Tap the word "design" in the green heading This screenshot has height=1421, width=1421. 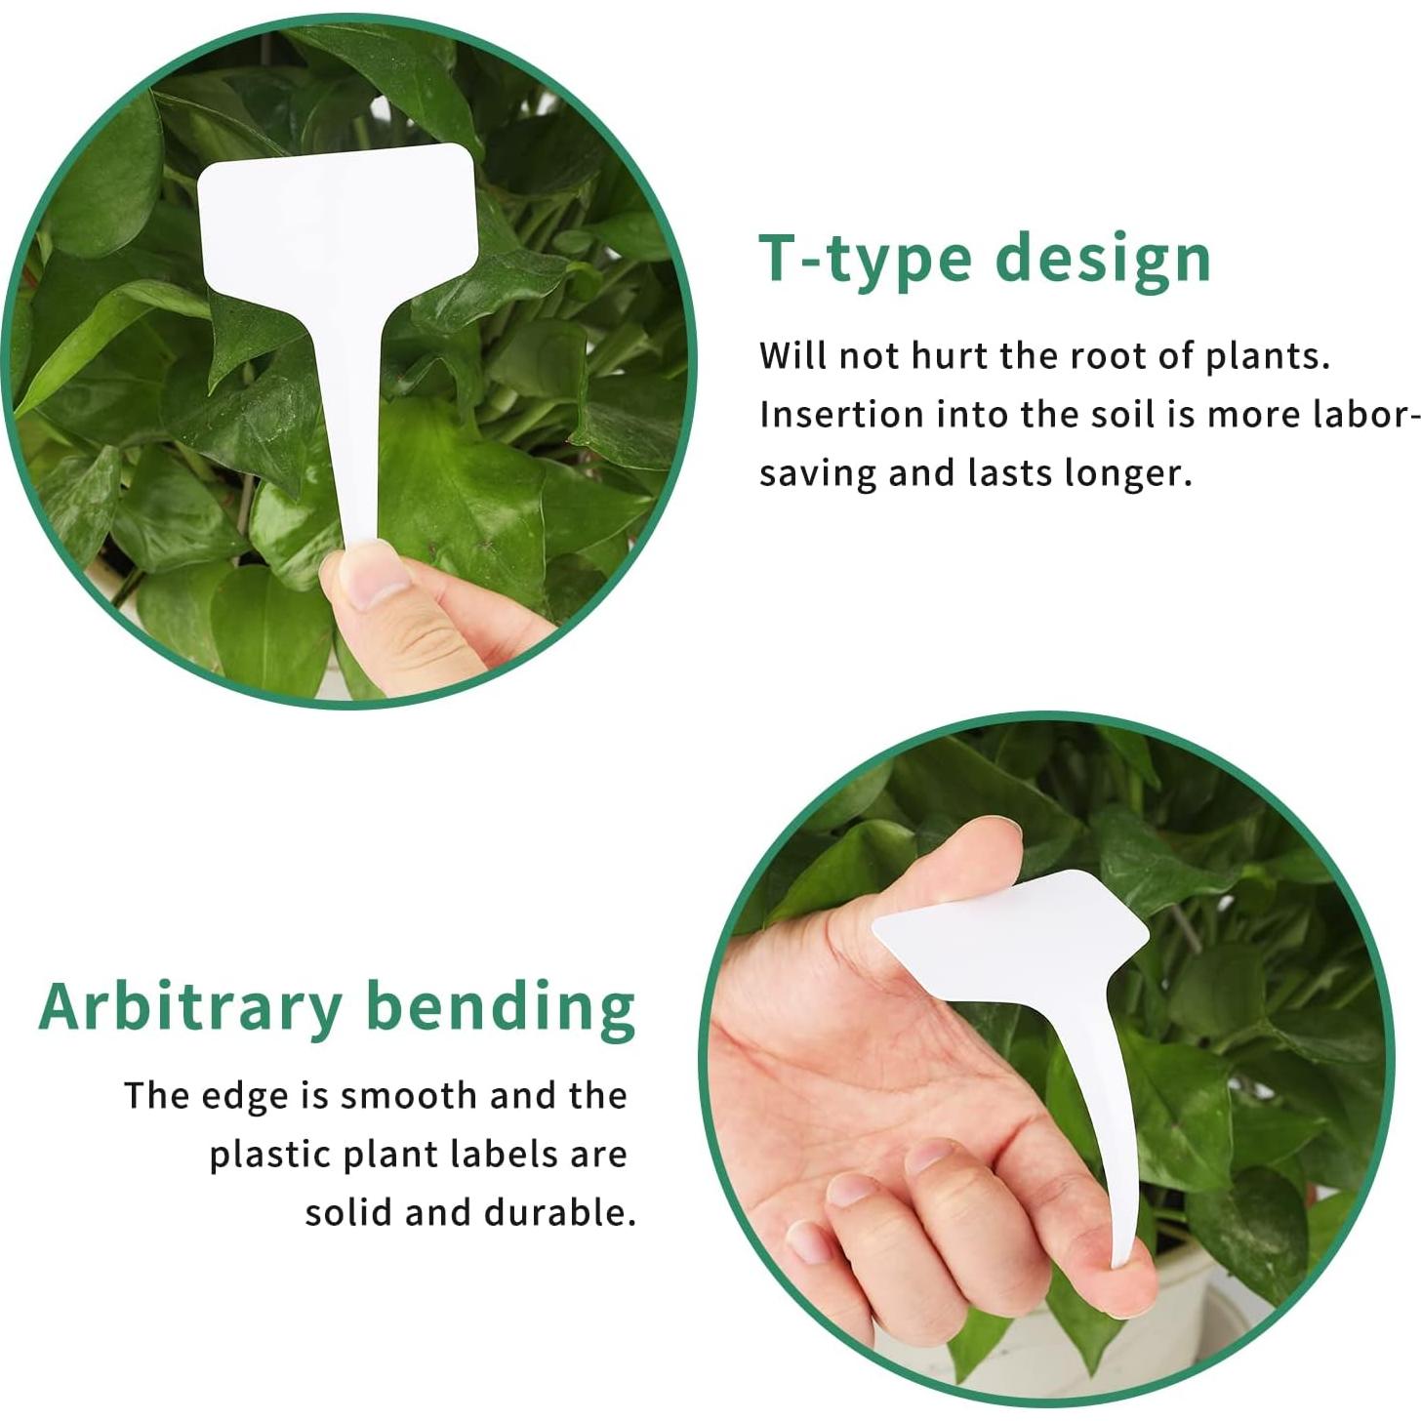point(1103,258)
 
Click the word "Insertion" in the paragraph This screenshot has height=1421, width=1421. point(841,415)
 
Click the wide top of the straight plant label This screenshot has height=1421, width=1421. point(338,224)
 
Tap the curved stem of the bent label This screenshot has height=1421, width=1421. point(1103,1122)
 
